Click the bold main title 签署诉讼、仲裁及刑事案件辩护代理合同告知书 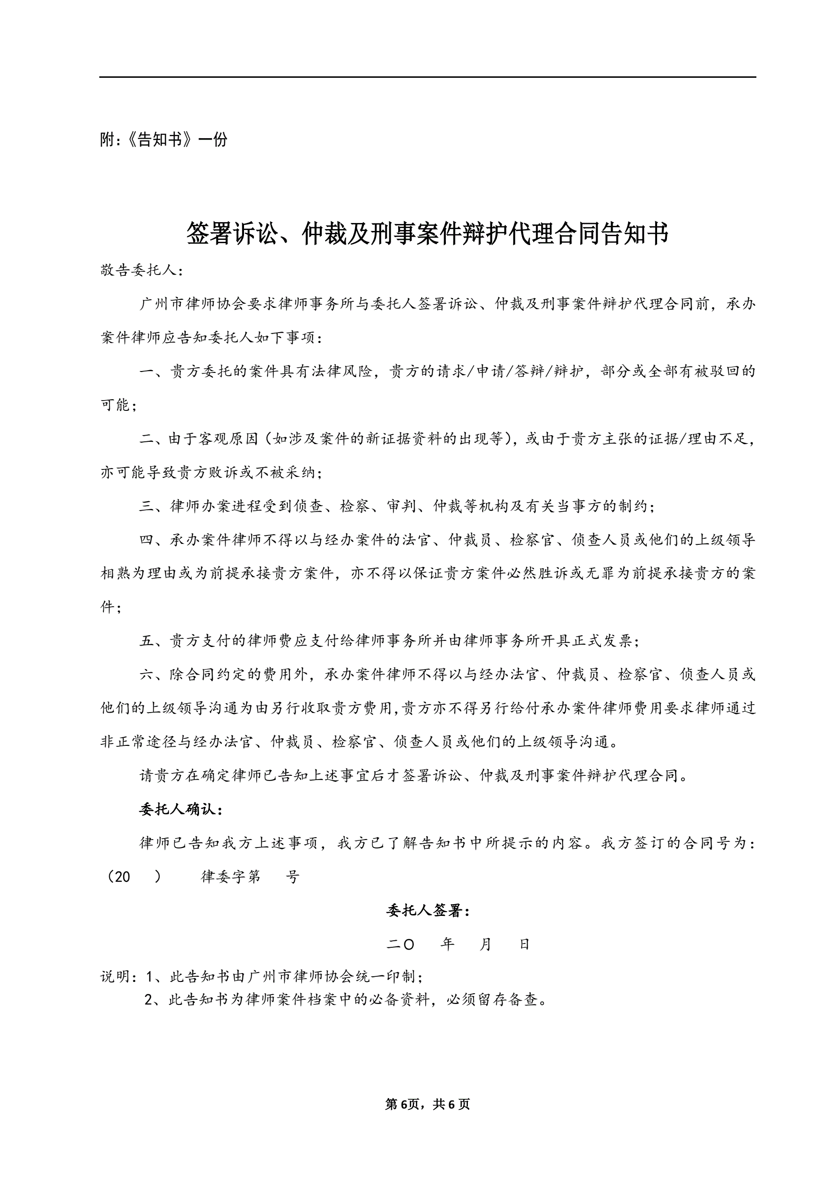[x=427, y=234]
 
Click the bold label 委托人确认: [x=181, y=810]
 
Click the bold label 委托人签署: [x=428, y=911]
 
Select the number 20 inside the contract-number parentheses [x=122, y=877]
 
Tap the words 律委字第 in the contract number [x=230, y=877]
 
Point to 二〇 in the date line [x=400, y=944]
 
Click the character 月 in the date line [x=485, y=944]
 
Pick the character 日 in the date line [x=525, y=944]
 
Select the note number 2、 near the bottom [x=155, y=1000]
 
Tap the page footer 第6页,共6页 [x=427, y=1104]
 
